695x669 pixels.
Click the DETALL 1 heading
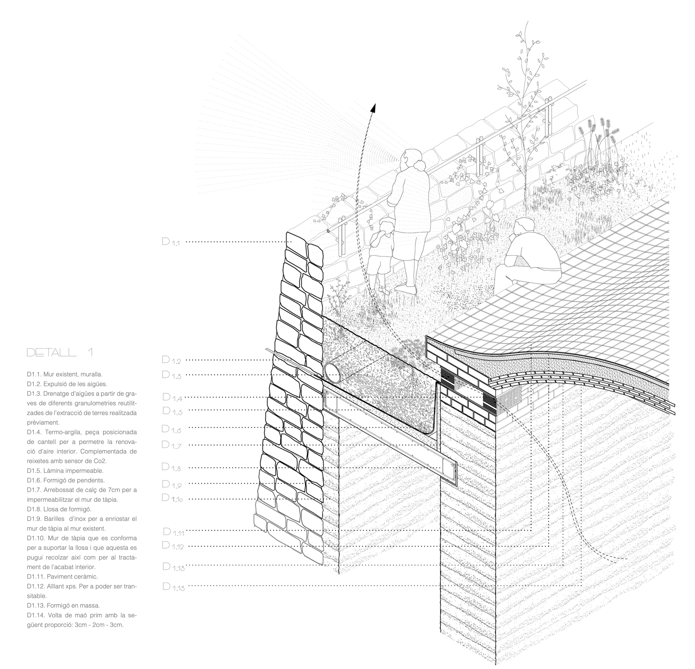60,352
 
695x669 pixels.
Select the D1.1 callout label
171,242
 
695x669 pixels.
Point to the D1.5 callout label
172,411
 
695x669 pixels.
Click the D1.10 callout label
172,498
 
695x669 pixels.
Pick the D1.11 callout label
173,532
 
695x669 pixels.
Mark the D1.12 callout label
173,546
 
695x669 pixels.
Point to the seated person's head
523,227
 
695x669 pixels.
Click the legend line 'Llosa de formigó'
59,509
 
